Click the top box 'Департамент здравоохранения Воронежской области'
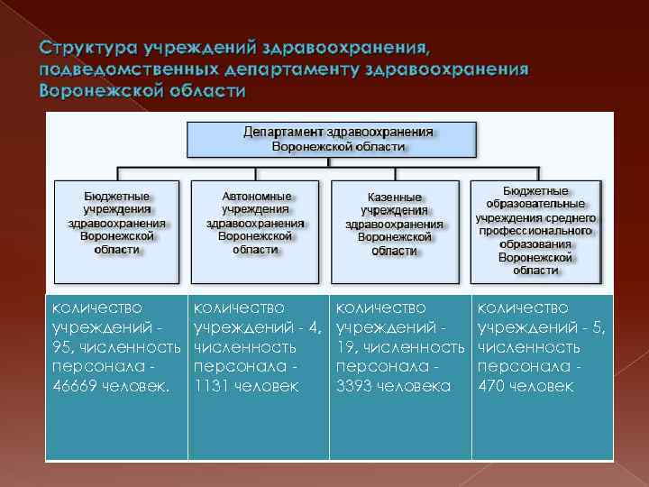331,138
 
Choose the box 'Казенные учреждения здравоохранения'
394,223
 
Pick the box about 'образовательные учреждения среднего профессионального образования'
535,230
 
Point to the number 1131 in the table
211,386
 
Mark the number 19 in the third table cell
344,347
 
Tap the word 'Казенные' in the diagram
395,196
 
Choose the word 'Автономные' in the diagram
256,195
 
